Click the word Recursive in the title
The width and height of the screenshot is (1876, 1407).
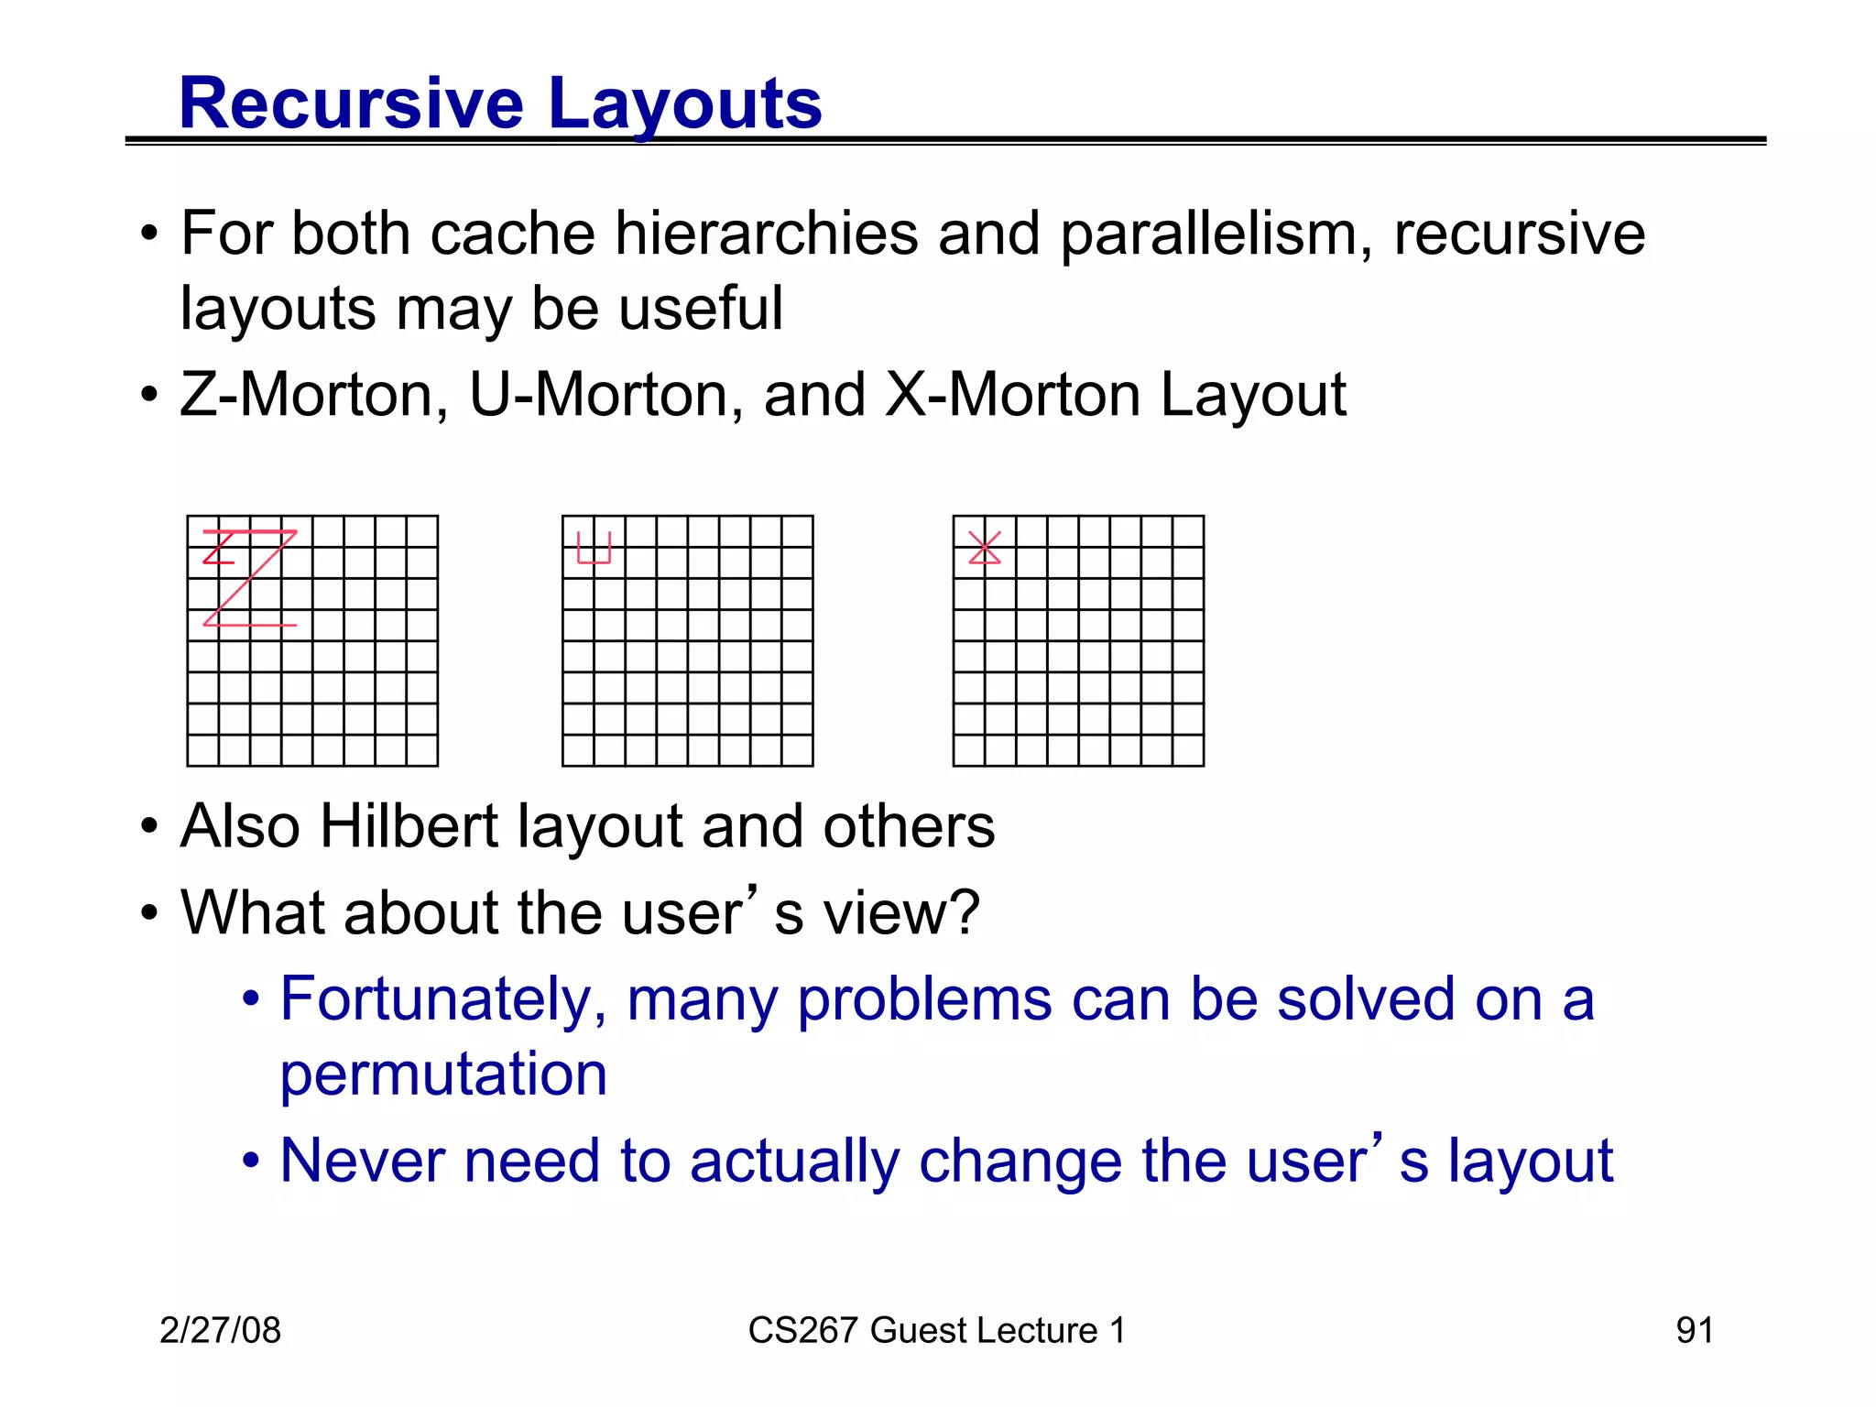351,103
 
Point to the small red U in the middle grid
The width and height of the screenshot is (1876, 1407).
594,549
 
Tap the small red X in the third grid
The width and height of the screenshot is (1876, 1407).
985,548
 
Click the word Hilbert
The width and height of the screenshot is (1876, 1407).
409,826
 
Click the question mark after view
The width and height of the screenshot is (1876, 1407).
963,912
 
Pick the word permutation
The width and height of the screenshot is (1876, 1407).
443,1074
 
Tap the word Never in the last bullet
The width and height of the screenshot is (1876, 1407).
362,1161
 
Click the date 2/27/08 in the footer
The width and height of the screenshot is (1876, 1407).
220,1330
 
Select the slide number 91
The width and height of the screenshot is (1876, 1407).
1694,1330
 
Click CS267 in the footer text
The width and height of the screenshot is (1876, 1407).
803,1330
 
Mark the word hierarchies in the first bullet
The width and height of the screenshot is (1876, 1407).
766,234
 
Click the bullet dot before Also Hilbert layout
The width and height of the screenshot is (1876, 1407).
149,827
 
